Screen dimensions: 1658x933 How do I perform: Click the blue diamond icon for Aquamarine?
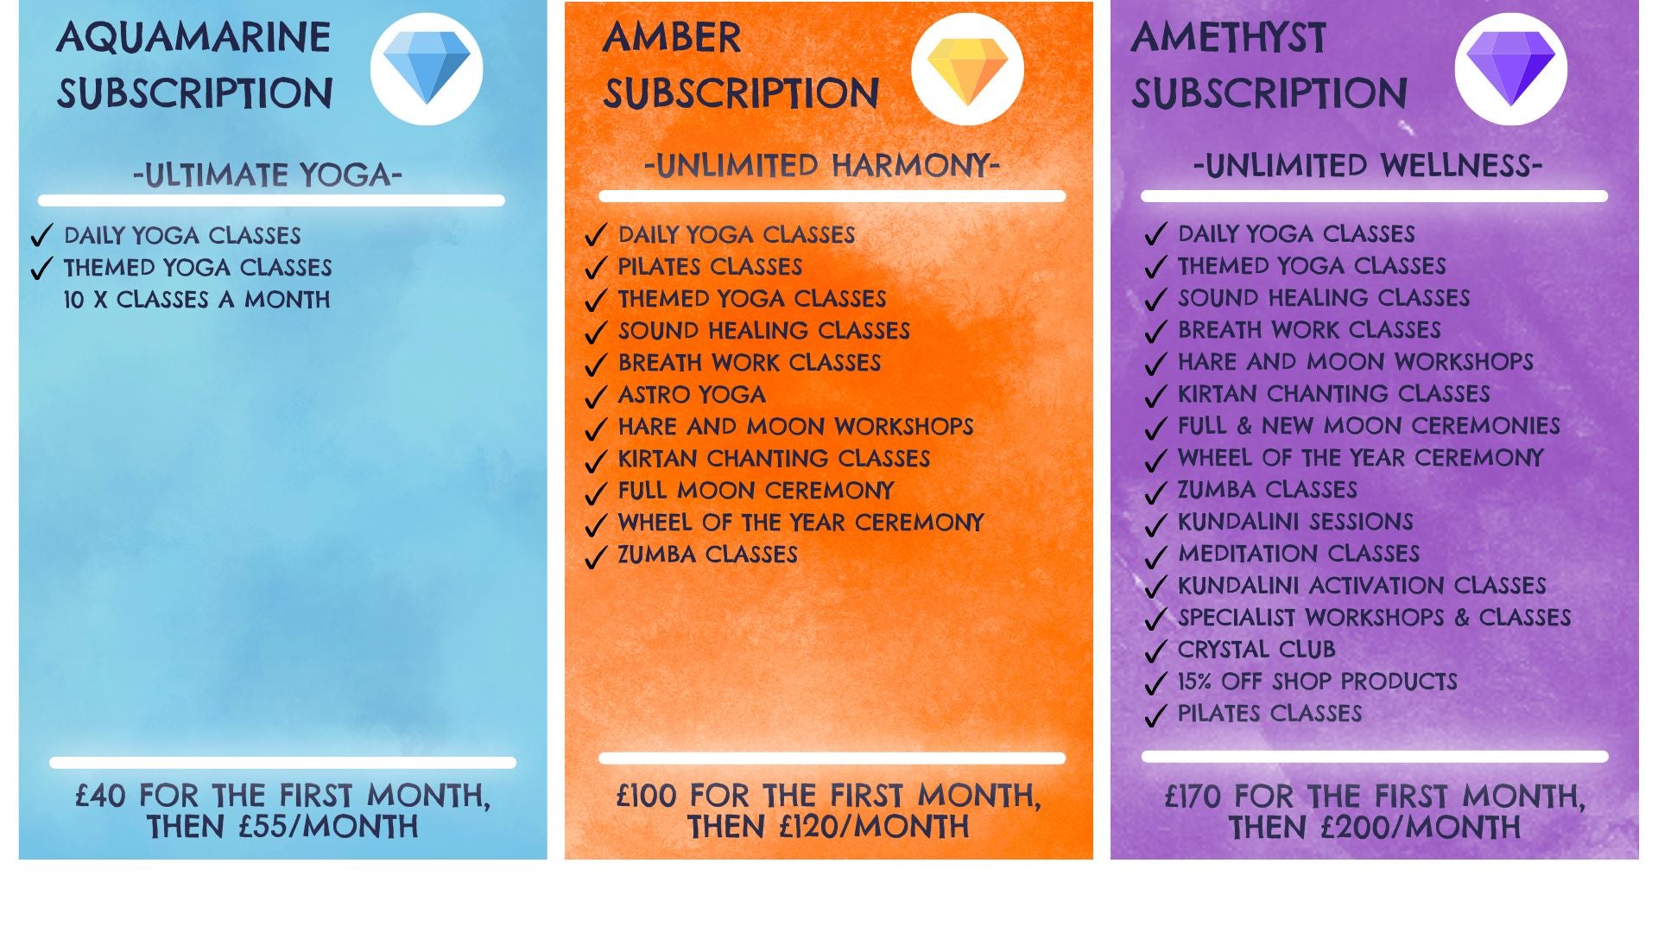pos(427,68)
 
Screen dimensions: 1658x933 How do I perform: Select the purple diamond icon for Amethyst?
pos(1511,68)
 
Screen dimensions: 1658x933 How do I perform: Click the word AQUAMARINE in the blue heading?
pos(194,37)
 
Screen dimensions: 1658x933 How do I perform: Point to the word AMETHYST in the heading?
pos(1228,37)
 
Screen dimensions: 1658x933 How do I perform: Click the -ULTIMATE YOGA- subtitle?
pos(268,175)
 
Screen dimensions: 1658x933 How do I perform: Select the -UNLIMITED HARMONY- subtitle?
pos(822,164)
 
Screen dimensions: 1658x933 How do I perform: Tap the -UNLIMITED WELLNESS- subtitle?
pos(1368,164)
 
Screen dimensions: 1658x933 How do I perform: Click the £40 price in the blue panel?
pos(100,796)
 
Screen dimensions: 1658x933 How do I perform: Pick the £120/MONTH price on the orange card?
pos(874,827)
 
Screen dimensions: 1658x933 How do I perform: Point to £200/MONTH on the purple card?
pos(1421,828)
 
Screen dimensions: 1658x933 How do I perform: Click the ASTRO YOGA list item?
pos(692,395)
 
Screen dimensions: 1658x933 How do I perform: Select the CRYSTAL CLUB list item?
pos(1256,650)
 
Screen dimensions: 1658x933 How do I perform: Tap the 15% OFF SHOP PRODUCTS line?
pos(1318,682)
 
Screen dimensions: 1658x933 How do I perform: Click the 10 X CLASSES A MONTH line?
pos(197,300)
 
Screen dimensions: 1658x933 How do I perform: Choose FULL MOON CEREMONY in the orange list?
pos(756,491)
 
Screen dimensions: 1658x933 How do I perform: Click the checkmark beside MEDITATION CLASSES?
pos(1155,556)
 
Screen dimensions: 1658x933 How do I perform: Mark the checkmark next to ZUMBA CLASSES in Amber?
pos(596,557)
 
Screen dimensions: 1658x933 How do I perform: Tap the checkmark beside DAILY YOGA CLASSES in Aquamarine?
pos(41,236)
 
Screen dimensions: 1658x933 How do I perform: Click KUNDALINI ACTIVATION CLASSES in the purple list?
pos(1362,586)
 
